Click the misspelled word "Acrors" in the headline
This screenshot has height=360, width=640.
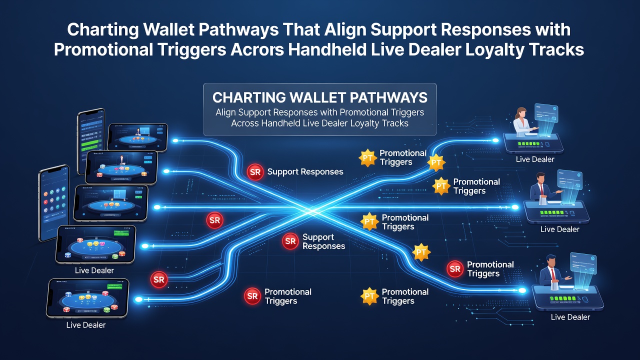257,49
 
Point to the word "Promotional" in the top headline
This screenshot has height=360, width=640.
103,49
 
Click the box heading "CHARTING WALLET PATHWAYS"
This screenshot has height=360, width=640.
319,97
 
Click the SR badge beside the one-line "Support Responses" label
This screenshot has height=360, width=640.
255,172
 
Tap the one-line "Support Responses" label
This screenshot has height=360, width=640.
305,171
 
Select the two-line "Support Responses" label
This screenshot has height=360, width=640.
323,241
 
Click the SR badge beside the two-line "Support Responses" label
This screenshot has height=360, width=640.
290,241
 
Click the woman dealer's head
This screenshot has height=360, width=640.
521,113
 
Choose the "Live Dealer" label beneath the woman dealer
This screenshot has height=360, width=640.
535,159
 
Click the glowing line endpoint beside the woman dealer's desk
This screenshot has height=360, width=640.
495,140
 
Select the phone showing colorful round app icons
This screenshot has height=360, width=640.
53,203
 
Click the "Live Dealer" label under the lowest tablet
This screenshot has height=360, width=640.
86,325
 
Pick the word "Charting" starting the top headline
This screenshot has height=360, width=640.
103,30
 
